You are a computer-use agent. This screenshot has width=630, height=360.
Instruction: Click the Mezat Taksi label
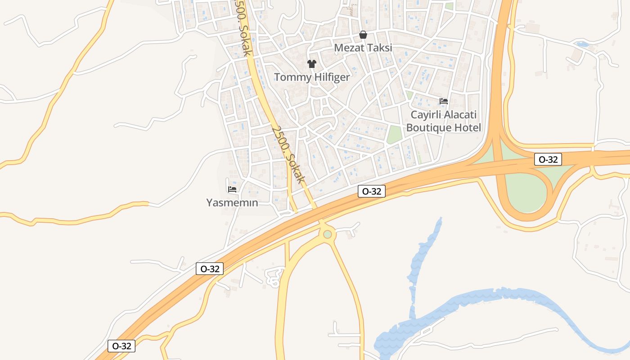click(363, 47)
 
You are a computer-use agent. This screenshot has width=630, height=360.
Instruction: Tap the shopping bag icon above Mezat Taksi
click(363, 35)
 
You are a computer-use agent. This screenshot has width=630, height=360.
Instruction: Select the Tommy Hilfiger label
click(312, 77)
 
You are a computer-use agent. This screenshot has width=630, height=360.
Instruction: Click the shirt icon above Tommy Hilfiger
click(311, 64)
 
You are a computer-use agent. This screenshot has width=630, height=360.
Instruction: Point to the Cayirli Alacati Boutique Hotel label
click(443, 121)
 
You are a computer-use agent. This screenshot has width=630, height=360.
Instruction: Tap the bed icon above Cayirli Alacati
click(444, 101)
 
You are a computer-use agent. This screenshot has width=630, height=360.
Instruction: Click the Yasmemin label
click(232, 202)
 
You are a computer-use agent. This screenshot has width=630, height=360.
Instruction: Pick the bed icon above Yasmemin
click(232, 189)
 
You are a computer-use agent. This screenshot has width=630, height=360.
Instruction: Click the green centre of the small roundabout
click(328, 234)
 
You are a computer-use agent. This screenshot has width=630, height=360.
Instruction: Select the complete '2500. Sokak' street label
click(288, 154)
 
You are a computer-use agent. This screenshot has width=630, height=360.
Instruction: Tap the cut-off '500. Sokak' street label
click(243, 28)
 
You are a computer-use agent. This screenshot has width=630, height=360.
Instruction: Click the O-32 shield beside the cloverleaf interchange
click(548, 159)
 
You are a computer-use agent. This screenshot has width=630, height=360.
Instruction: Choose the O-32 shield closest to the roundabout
click(372, 191)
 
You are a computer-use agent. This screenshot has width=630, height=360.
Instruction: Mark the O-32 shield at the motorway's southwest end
click(121, 346)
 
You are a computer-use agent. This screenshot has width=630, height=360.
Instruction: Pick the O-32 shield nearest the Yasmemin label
click(210, 269)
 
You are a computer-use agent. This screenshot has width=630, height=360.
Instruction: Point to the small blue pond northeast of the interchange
click(582, 44)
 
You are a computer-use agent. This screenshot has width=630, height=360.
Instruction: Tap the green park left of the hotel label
click(394, 135)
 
